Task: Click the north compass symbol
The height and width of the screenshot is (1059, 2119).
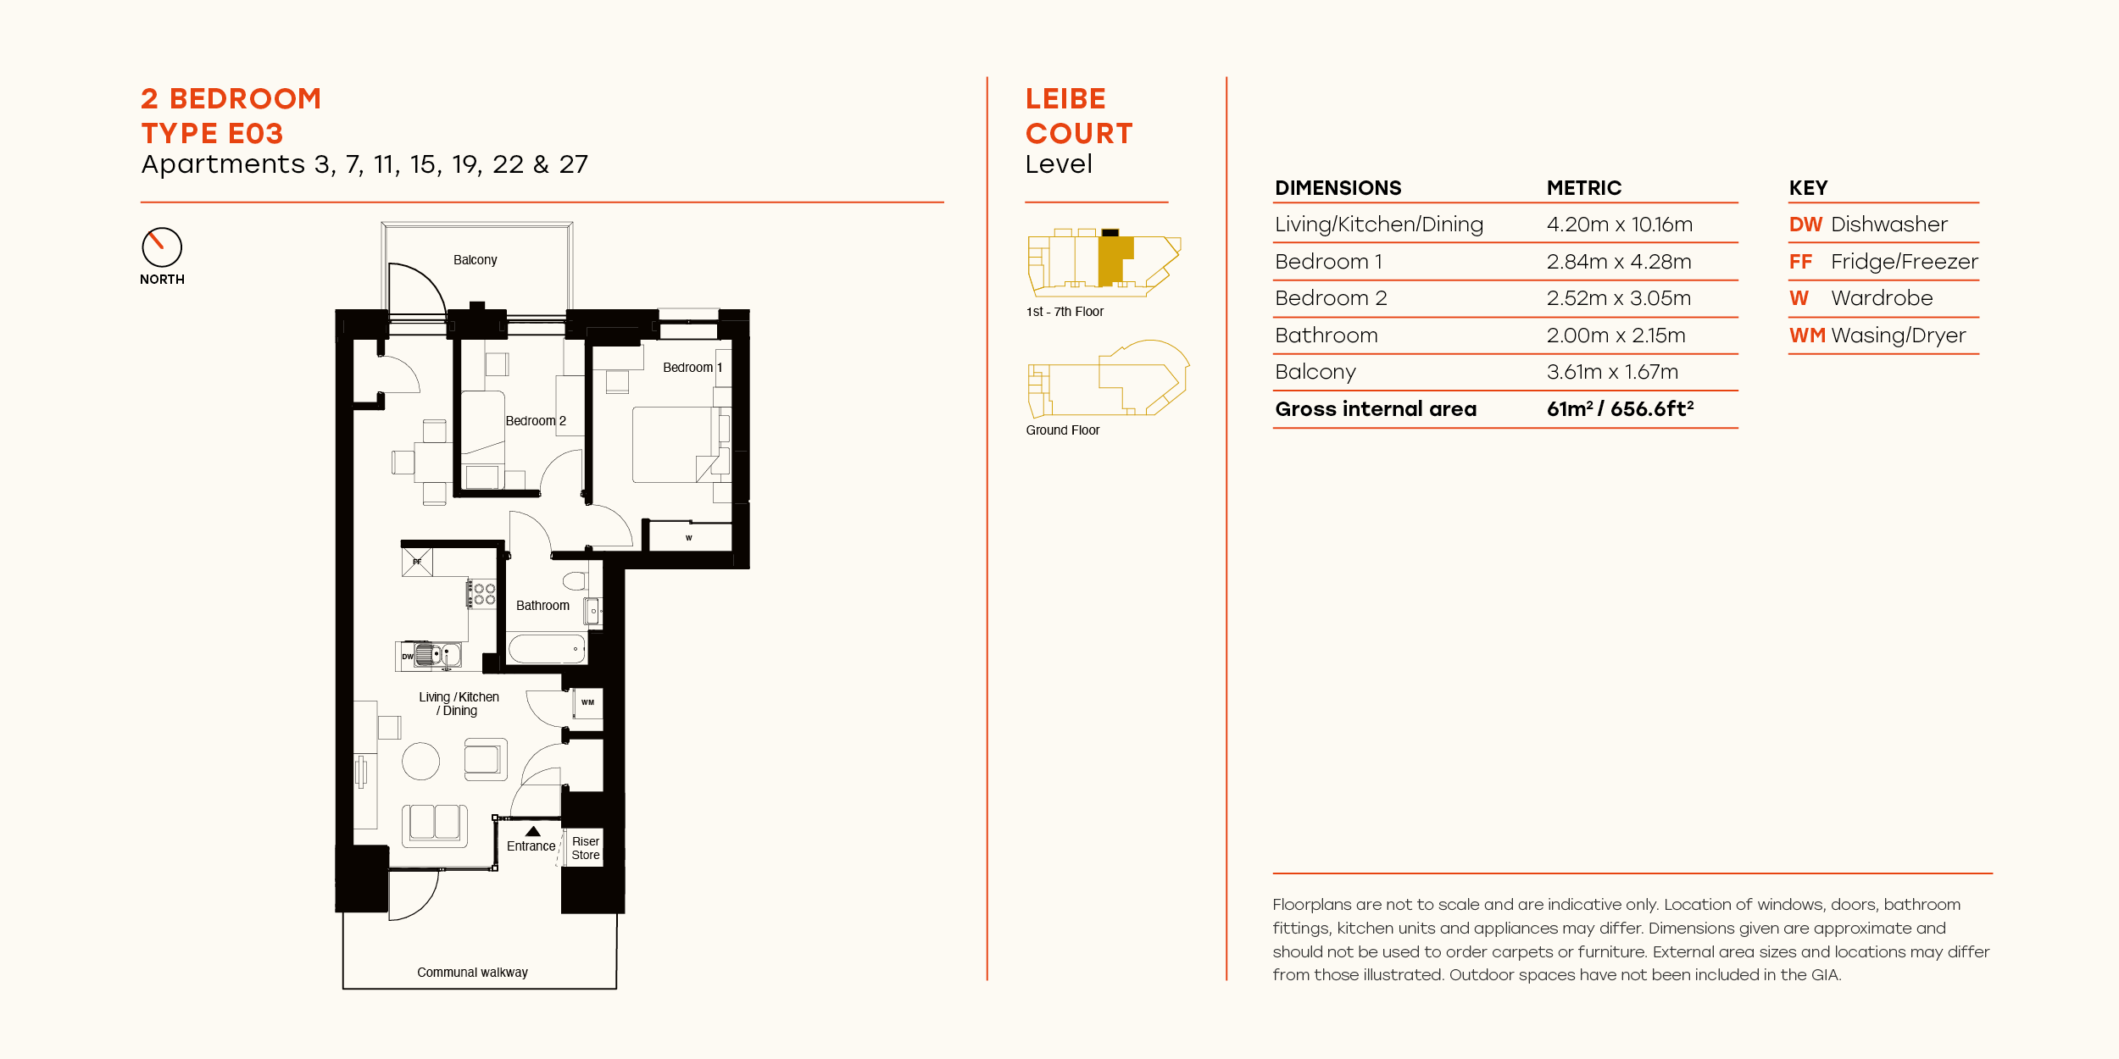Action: [162, 247]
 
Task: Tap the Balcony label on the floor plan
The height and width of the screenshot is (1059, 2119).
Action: [475, 260]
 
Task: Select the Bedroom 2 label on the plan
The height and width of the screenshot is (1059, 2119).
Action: [535, 421]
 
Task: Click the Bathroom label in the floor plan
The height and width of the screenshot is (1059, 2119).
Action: [542, 606]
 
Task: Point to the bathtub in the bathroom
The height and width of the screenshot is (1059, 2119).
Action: [547, 649]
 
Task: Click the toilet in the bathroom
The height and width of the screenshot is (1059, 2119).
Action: [576, 580]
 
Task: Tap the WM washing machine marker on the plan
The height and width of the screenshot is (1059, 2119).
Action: [587, 702]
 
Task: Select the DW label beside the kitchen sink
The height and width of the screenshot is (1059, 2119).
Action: [407, 657]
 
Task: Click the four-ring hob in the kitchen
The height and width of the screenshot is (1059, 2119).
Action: [484, 594]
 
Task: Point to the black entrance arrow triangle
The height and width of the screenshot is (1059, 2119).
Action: [533, 831]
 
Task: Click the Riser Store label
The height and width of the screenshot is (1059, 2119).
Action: [585, 848]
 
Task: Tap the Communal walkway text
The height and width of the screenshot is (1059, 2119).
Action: [472, 973]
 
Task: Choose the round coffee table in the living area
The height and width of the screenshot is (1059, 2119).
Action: [420, 761]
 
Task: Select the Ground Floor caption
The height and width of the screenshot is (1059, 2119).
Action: [1062, 430]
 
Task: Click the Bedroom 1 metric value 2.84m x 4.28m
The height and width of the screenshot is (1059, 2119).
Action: [1618, 262]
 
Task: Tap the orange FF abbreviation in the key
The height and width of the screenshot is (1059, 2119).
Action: [1800, 262]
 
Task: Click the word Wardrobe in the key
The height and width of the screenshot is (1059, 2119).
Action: [1882, 298]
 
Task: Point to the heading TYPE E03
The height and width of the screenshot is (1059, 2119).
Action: [212, 134]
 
